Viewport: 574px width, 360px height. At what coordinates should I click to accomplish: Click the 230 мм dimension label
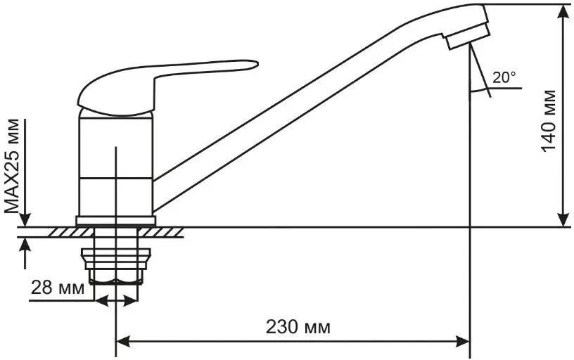[298, 327]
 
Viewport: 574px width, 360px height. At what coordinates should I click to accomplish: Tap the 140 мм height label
[549, 121]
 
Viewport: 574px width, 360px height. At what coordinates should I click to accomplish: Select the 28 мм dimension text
[58, 288]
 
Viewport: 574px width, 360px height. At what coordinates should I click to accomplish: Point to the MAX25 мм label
[12, 166]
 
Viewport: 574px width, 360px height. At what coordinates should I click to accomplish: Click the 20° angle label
[504, 77]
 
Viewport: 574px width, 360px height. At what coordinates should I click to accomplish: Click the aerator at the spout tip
[467, 36]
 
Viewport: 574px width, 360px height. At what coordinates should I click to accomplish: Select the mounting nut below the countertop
[116, 266]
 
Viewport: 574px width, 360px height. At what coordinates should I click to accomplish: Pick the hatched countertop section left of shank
[71, 232]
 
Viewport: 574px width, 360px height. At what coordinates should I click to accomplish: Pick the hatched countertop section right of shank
[160, 232]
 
